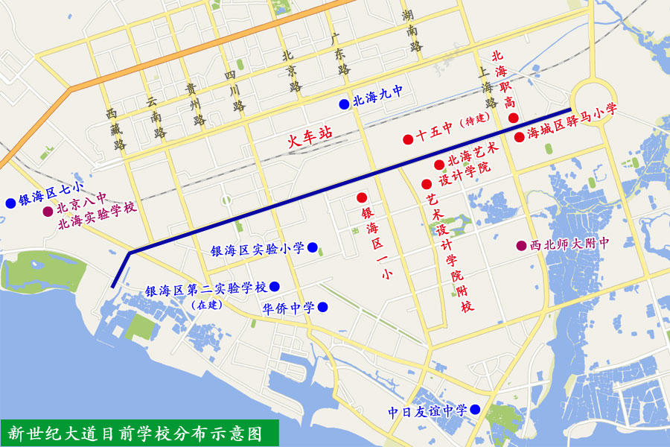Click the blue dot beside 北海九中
(x=343, y=104)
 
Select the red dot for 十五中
(x=408, y=139)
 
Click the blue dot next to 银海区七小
(x=10, y=203)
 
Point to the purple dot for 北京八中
(x=48, y=212)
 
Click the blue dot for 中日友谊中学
(x=474, y=410)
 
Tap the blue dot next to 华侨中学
(x=322, y=307)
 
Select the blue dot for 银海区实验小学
(x=313, y=247)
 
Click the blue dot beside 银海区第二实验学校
(x=275, y=286)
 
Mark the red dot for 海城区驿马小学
(x=519, y=136)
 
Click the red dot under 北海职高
(x=513, y=118)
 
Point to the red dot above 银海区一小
(x=362, y=197)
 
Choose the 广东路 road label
(x=339, y=52)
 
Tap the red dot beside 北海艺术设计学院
(x=439, y=164)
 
